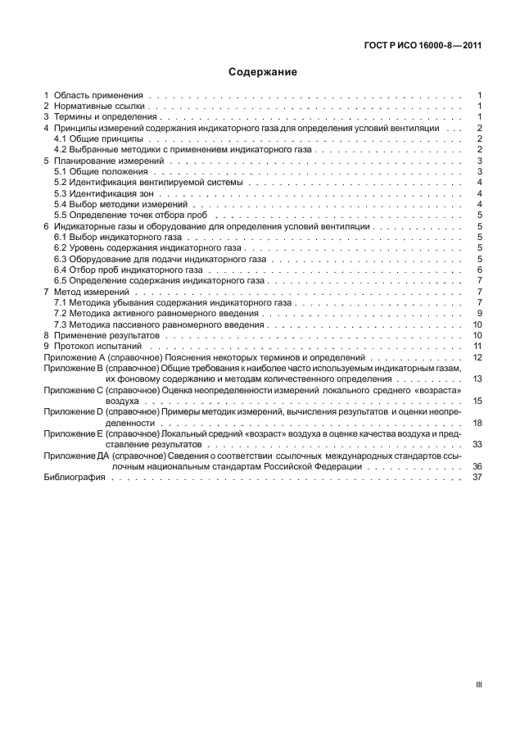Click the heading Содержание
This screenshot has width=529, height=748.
tap(263, 72)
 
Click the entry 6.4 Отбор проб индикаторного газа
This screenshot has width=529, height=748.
tap(120, 270)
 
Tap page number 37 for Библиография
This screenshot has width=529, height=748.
tap(477, 478)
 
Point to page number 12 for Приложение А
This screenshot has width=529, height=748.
tap(477, 358)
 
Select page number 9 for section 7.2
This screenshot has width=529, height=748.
tap(478, 314)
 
